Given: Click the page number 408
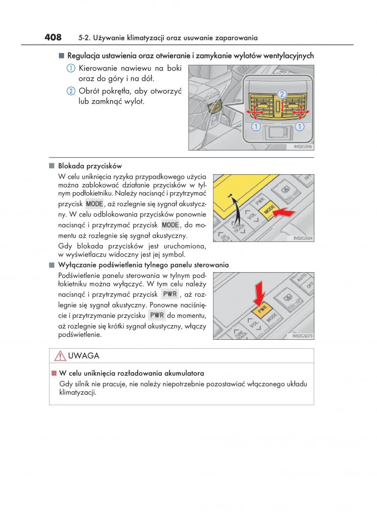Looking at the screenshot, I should pos(53,37).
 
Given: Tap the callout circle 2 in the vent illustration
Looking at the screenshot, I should pos(281,94).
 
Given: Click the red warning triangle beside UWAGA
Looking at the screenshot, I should pos(60,356).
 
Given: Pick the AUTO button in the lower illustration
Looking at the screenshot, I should pos(301,277).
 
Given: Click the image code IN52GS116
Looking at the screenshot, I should pos(303,147).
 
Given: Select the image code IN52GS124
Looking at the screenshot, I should pos(303,238).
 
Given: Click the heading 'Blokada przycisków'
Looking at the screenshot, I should pos(90,166).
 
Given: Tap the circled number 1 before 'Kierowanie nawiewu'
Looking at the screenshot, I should pos(71,68).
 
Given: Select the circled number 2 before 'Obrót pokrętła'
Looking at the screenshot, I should pos(71,91).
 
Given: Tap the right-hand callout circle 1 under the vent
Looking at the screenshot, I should pos(299,126).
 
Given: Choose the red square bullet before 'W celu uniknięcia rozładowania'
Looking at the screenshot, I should pos(54,373).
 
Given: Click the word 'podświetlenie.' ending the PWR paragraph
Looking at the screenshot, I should pos(80,334).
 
